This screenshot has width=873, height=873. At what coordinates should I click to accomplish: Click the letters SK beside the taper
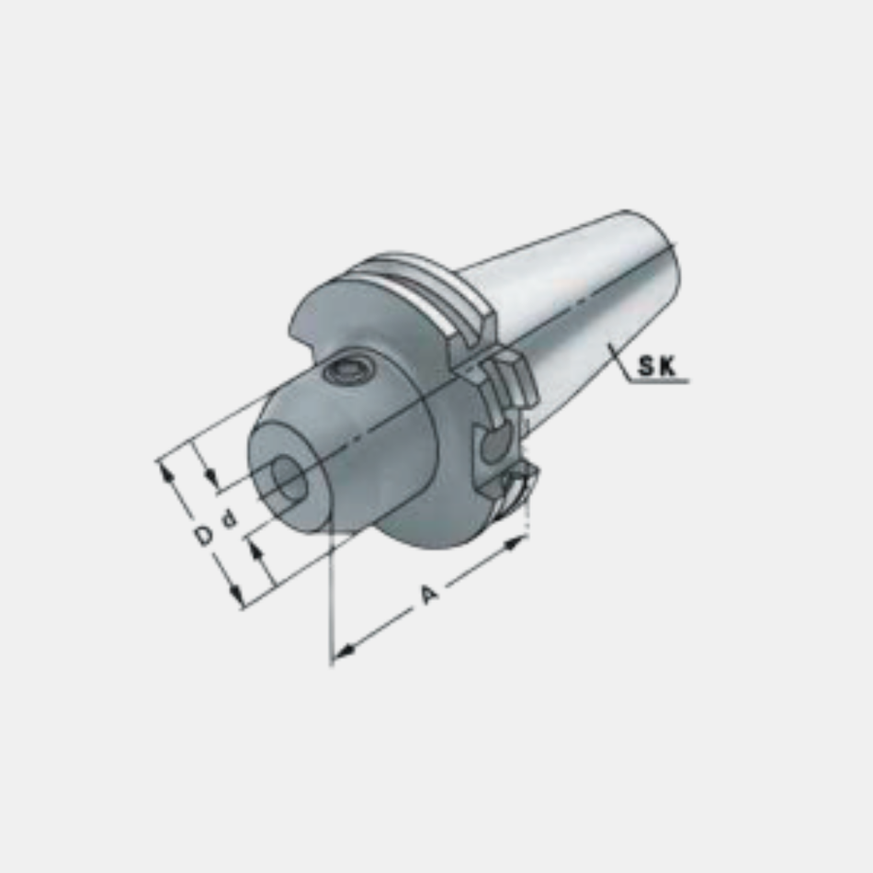coord(656,366)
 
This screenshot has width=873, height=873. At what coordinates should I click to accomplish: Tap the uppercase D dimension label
coord(204,535)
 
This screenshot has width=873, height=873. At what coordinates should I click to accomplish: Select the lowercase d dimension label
coord(229,519)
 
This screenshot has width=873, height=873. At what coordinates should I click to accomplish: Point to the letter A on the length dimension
coord(429,594)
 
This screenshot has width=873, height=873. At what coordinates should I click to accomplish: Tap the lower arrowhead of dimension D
coord(237,595)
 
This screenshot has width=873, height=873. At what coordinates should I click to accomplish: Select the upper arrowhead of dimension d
coord(210,477)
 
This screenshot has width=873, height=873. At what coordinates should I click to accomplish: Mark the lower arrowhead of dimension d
coord(255,551)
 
